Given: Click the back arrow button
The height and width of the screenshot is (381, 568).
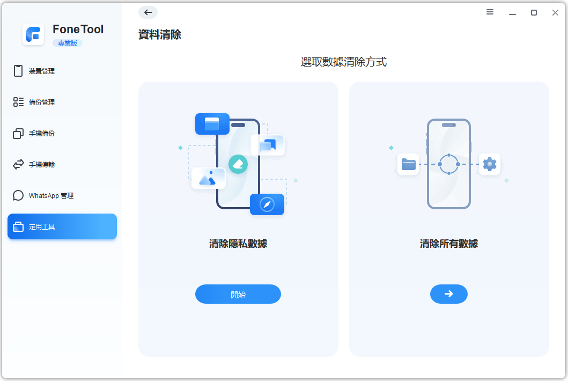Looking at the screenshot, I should (148, 12).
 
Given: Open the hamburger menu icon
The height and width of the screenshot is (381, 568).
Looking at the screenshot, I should (490, 12).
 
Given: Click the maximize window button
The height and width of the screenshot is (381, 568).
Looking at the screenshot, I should (534, 12).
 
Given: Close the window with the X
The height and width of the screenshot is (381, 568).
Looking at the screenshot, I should (555, 12).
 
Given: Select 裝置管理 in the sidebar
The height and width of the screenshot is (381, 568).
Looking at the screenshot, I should (41, 71).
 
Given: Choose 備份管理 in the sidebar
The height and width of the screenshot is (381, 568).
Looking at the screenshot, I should (41, 102).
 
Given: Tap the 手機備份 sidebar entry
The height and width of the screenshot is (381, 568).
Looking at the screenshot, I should (41, 133).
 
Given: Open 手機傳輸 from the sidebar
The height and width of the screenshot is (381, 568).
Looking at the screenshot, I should (41, 164).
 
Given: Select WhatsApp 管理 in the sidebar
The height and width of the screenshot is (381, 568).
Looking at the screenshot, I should (51, 195).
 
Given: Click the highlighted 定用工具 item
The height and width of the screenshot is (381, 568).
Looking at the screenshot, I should (62, 226).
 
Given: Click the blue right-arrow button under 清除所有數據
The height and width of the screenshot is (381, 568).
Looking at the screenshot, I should (449, 294).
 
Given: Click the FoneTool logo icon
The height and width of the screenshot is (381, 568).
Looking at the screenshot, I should (33, 35).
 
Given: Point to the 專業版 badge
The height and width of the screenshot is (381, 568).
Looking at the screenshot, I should (67, 43).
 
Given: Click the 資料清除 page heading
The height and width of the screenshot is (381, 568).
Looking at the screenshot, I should (160, 35).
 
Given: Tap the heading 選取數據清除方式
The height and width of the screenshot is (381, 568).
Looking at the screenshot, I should (343, 62).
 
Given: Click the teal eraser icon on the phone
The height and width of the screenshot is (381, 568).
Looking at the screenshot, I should (238, 164).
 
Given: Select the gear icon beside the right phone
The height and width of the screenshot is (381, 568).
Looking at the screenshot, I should (490, 164).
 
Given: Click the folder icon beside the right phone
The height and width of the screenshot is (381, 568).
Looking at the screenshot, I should (408, 164).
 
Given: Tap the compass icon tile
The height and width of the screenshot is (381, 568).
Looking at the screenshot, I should (267, 204).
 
